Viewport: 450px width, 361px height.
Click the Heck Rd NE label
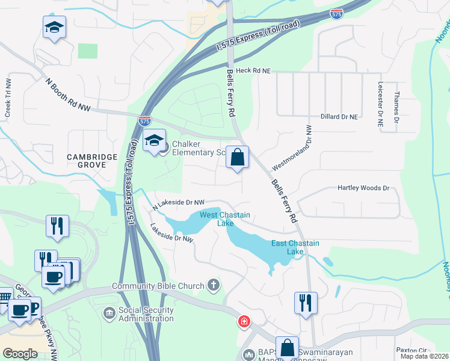254,71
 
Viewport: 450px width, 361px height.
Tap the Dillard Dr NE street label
339,117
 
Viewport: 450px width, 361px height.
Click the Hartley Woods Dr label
363,188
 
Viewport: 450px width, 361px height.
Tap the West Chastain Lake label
225,219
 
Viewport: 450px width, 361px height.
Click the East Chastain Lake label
295,247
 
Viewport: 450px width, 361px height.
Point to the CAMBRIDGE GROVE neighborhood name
92,161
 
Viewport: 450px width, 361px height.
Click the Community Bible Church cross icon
213,284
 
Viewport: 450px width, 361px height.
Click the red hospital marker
244,321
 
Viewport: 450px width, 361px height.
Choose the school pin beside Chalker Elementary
155,141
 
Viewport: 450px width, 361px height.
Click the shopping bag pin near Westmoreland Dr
238,158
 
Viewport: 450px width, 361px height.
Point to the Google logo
20,354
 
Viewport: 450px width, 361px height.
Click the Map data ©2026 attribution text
425,356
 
